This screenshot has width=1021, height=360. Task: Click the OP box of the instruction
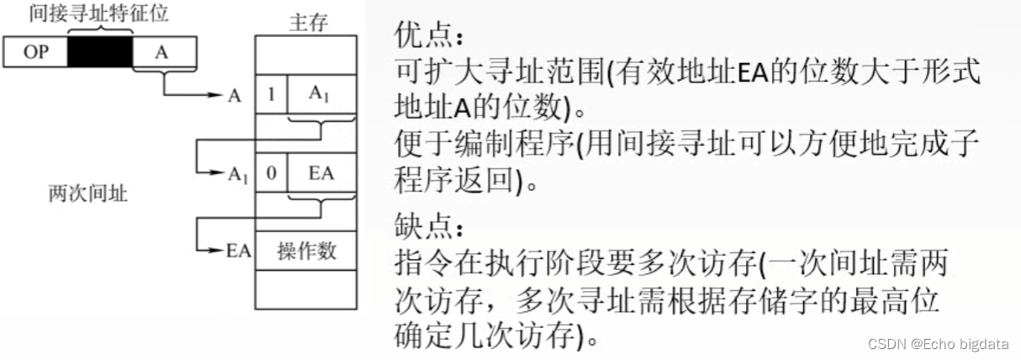click(x=35, y=52)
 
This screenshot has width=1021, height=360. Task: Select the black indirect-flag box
click(x=100, y=52)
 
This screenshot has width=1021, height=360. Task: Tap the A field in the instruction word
click(x=163, y=52)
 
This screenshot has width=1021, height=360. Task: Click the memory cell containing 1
click(x=271, y=94)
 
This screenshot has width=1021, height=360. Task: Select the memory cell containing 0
click(x=271, y=173)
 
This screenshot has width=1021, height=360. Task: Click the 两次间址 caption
click(x=88, y=195)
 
